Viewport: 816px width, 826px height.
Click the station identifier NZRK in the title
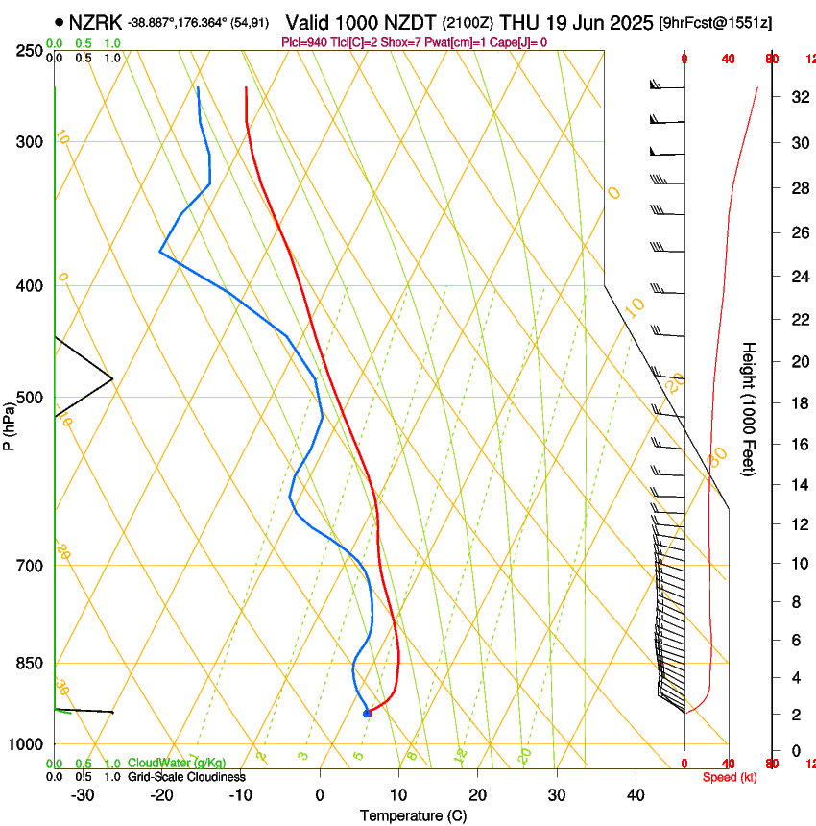pos(95,22)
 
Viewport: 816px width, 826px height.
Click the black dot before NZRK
pos(60,22)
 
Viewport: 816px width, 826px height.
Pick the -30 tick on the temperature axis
pos(83,795)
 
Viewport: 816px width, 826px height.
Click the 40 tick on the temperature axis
pos(636,795)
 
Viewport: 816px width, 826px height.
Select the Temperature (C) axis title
pos(413,815)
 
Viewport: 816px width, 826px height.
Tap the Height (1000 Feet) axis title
pos(749,409)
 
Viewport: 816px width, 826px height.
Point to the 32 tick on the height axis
pos(798,97)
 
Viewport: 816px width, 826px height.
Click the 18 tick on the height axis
pos(798,403)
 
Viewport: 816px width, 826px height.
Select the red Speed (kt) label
pos(730,777)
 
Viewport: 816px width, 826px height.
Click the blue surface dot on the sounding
pos(367,713)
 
